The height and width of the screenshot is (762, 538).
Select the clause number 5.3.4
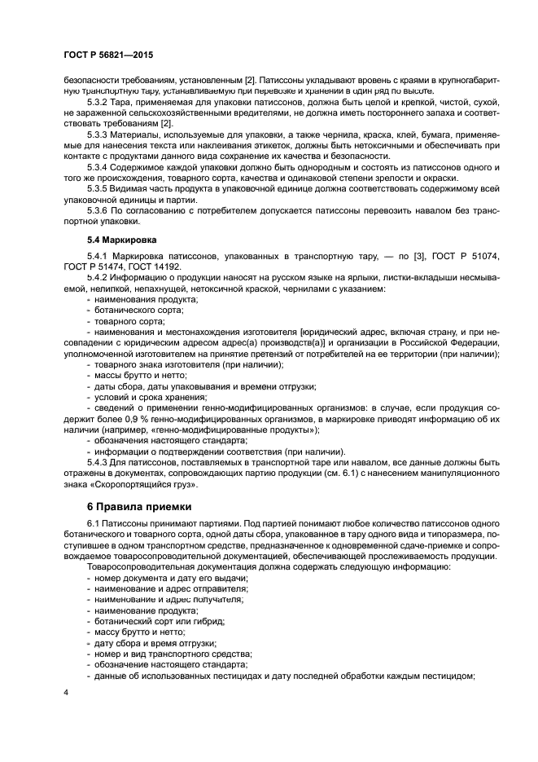pos(99,168)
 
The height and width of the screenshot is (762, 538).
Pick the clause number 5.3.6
pos(99,210)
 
